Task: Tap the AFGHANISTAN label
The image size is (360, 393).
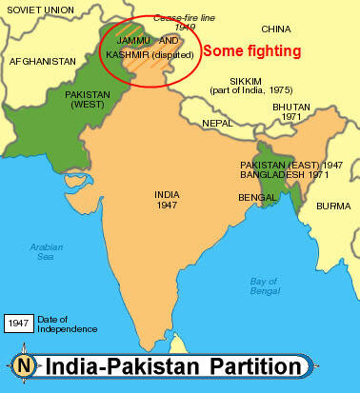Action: pos(41,61)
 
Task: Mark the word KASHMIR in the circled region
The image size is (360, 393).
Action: pos(128,55)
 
